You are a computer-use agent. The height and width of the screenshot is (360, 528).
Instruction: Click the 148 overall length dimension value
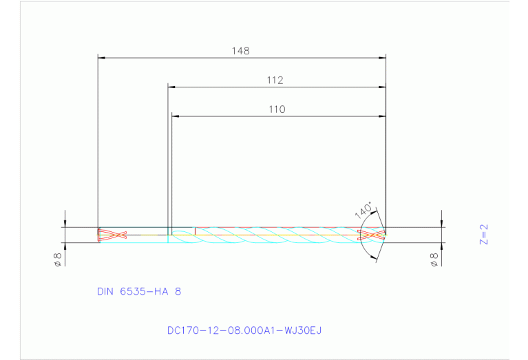(x=241, y=51)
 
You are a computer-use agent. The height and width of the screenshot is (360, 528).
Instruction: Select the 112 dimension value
(x=275, y=81)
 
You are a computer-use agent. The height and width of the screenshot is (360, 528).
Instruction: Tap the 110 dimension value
(x=277, y=109)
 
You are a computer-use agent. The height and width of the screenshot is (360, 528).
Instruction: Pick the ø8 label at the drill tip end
(x=434, y=260)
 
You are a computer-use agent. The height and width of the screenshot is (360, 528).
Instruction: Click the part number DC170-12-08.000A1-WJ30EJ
(x=244, y=330)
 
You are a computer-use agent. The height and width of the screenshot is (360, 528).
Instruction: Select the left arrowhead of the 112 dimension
(x=172, y=87)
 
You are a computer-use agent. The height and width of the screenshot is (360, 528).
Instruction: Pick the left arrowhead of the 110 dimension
(x=175, y=116)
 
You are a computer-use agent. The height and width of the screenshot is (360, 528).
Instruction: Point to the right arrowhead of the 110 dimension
(x=382, y=116)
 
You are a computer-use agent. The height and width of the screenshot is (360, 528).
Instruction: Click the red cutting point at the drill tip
(x=372, y=235)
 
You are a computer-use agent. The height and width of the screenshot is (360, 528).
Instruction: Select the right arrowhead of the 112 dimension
(x=382, y=87)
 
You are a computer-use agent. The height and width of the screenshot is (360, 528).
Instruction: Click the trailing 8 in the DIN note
(x=179, y=292)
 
